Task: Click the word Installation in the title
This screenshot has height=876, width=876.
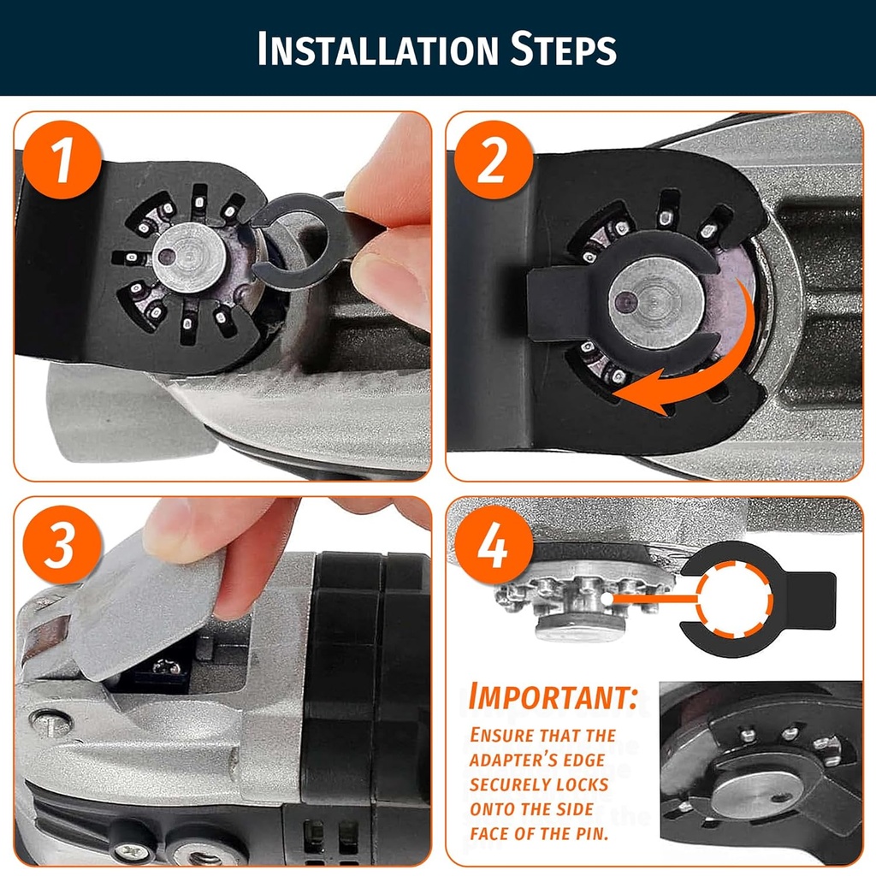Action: (377, 49)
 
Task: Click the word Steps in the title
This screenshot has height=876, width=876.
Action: (564, 49)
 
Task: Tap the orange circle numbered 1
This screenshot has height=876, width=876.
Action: (62, 160)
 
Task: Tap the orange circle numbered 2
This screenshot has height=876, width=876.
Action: (494, 160)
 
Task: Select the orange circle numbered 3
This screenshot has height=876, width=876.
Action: (62, 544)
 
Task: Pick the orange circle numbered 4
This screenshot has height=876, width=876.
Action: (494, 544)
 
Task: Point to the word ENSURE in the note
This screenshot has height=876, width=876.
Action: (496, 735)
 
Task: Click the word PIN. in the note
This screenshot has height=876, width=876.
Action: (590, 833)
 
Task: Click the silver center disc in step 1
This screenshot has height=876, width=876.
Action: (189, 257)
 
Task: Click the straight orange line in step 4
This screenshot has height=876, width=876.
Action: (654, 598)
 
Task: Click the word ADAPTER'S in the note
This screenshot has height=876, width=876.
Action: (537, 760)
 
